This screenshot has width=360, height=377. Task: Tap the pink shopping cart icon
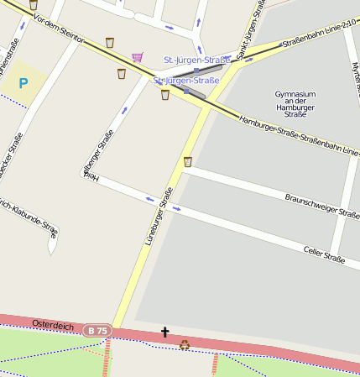(x=137, y=57)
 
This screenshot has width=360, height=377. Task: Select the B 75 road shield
(x=97, y=331)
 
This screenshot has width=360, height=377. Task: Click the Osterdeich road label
(x=53, y=324)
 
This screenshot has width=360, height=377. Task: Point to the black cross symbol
(x=164, y=333)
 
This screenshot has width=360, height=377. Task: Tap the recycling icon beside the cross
(x=184, y=343)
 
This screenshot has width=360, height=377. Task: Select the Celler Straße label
(x=323, y=254)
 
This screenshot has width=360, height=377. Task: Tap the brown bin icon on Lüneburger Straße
(x=187, y=161)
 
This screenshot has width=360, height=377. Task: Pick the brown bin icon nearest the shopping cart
(x=122, y=73)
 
